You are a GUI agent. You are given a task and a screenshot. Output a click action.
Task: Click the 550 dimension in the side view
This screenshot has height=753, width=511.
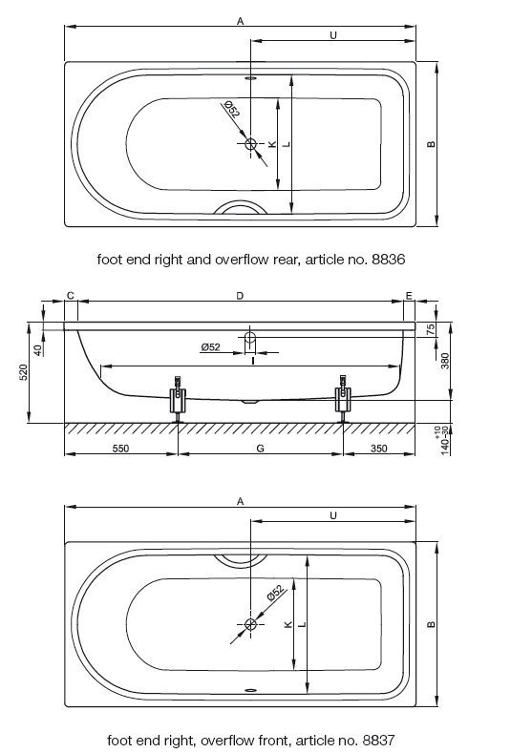[120, 448]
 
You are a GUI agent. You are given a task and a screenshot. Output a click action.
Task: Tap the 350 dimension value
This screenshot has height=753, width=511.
[379, 448]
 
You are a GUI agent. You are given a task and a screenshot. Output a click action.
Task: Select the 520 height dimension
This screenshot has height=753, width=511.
[24, 372]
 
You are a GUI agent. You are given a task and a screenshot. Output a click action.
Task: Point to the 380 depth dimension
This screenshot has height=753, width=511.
[445, 361]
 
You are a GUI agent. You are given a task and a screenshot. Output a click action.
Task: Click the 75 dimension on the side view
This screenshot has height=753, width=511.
[431, 329]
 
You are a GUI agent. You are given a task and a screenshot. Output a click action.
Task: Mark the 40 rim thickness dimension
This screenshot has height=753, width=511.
[38, 349]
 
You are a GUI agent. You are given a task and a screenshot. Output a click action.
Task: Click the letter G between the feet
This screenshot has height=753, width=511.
[260, 448]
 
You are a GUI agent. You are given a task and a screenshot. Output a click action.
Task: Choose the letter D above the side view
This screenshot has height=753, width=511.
[240, 296]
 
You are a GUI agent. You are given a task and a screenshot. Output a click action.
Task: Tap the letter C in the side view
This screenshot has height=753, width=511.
[71, 295]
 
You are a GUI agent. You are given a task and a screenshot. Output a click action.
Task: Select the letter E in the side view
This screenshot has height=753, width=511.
[409, 295]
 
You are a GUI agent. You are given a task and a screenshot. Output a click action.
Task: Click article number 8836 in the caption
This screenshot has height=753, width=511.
[389, 260]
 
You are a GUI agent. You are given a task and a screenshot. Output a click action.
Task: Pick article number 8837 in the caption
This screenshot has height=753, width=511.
[379, 740]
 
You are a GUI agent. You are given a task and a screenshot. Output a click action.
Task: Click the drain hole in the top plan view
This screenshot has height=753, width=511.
[251, 143]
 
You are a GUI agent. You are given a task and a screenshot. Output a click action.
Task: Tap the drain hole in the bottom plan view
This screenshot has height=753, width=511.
[251, 624]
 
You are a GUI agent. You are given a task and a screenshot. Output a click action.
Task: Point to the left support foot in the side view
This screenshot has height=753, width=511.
[178, 400]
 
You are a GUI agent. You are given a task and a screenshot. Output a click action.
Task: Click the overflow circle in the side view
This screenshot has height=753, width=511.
[250, 337]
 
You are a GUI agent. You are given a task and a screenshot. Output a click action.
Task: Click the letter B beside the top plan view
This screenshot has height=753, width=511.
[431, 144]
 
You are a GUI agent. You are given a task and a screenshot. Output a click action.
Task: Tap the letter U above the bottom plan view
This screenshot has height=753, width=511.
[333, 515]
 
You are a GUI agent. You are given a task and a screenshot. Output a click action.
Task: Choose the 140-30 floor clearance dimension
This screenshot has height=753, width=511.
[445, 440]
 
